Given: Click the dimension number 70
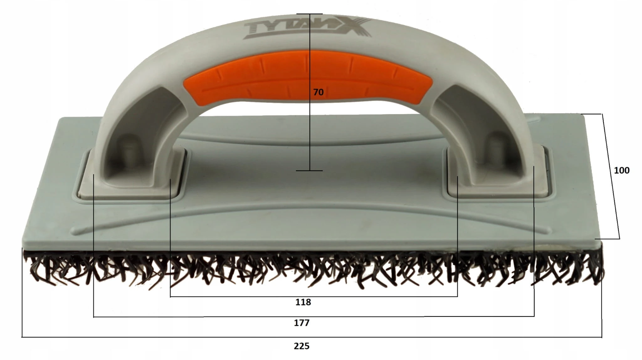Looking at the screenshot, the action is click(318, 92).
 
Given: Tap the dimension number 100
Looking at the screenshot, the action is click(622, 170).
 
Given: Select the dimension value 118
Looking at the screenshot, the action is click(303, 302).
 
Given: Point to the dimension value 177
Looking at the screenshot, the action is click(302, 323).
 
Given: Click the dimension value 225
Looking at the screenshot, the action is click(302, 346).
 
